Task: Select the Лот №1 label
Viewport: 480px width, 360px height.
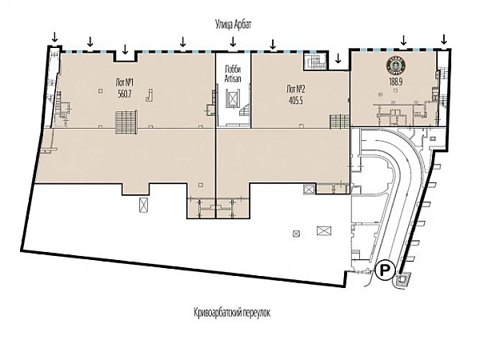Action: (x=124, y=83)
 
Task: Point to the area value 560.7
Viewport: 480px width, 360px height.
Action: (x=124, y=94)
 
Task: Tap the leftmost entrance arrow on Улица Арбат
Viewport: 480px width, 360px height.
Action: (x=54, y=37)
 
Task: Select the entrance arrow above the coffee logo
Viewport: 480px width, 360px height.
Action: (x=403, y=40)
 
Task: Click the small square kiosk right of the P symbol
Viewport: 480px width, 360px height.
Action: (x=405, y=278)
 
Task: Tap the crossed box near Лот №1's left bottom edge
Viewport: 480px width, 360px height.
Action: (x=143, y=206)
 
